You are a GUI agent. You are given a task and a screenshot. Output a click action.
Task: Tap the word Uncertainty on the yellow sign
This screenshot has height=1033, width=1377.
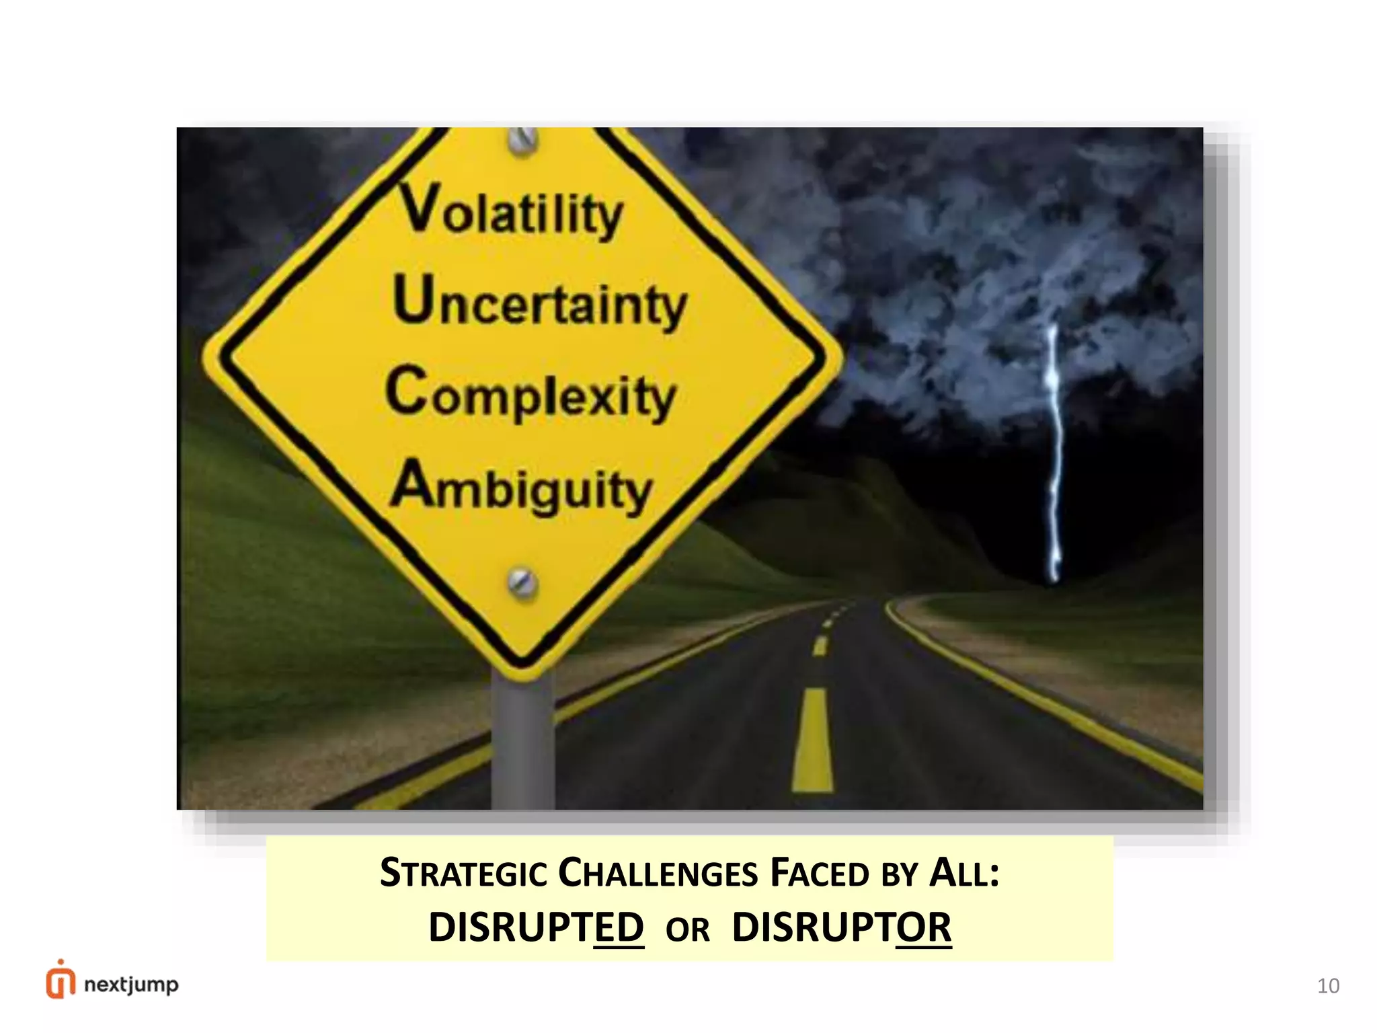(540, 303)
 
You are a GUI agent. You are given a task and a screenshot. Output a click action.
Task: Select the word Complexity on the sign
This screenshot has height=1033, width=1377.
(531, 393)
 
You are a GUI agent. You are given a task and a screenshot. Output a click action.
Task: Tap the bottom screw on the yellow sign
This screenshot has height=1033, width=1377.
(522, 582)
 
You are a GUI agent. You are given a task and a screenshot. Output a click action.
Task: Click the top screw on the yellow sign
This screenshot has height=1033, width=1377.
(522, 140)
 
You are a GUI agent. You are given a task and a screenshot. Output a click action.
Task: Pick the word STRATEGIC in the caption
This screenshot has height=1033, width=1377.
(463, 873)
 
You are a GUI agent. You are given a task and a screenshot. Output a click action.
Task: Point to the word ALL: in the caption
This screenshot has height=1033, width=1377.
(964, 873)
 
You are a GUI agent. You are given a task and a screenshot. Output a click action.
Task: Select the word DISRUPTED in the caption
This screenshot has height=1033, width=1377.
(537, 927)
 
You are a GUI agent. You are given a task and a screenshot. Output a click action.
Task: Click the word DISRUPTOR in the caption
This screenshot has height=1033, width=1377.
(842, 927)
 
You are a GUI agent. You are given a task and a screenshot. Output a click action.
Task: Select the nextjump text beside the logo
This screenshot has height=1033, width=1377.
(132, 985)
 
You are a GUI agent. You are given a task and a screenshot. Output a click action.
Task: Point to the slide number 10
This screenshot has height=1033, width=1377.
(1328, 986)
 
